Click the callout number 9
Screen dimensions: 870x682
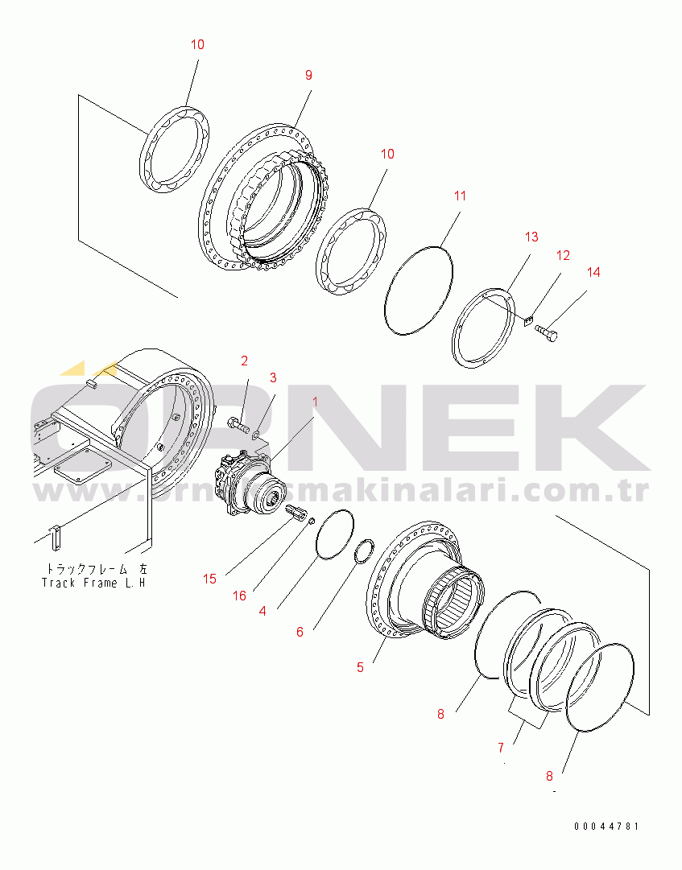(308, 76)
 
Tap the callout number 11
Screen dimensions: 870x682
(460, 196)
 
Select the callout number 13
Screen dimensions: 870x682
(531, 237)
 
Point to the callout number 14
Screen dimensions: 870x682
(593, 273)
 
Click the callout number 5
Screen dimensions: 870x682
(360, 667)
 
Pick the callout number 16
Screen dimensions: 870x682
(240, 596)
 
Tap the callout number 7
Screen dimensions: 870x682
(501, 748)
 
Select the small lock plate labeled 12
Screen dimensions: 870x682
(527, 322)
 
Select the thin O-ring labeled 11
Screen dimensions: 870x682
(418, 287)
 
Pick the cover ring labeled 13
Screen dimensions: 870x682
(483, 328)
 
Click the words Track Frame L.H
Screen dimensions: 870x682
(93, 582)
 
